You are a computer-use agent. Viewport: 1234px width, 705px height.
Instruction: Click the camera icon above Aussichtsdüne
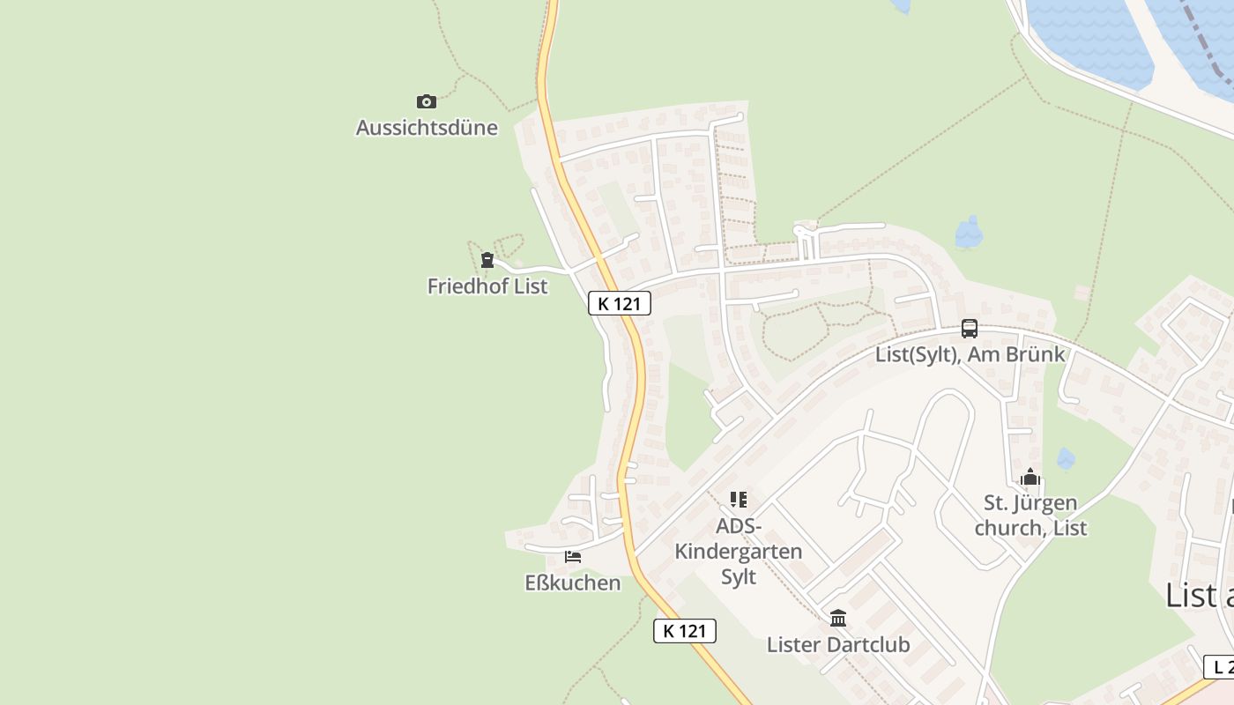(x=427, y=102)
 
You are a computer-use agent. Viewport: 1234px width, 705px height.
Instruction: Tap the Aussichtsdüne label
(x=427, y=128)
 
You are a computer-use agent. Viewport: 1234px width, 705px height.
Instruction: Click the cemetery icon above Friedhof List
(x=487, y=260)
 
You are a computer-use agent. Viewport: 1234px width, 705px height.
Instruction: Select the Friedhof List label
(x=487, y=286)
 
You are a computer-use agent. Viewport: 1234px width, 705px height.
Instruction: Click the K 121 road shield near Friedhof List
(x=620, y=304)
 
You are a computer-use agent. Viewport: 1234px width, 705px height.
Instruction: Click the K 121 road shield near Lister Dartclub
(x=685, y=631)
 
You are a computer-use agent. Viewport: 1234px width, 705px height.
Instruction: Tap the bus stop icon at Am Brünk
(x=970, y=329)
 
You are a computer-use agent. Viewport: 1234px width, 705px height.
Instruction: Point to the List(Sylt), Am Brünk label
(x=970, y=355)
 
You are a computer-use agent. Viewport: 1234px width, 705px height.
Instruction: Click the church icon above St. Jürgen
(x=1030, y=478)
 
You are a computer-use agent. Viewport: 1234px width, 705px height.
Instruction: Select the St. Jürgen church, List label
(x=1035, y=516)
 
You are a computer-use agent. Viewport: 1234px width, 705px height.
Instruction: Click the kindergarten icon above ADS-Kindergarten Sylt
(x=739, y=500)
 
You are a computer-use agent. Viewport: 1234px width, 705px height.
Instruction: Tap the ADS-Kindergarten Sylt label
(x=739, y=552)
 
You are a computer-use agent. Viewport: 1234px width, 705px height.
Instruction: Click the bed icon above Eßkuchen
(x=573, y=557)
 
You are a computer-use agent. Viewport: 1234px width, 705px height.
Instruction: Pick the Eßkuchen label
(x=573, y=583)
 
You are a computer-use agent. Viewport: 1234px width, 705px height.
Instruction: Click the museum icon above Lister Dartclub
(x=838, y=618)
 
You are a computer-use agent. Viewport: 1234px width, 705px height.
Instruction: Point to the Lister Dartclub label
(x=838, y=645)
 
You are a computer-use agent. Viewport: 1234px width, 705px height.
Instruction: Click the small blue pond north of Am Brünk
(x=970, y=233)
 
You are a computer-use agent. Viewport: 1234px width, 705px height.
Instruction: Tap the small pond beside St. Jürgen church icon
(x=1066, y=459)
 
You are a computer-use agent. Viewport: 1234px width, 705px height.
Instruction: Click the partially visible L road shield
(x=1220, y=667)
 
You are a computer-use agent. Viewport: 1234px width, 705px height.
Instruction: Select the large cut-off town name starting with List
(x=1199, y=596)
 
